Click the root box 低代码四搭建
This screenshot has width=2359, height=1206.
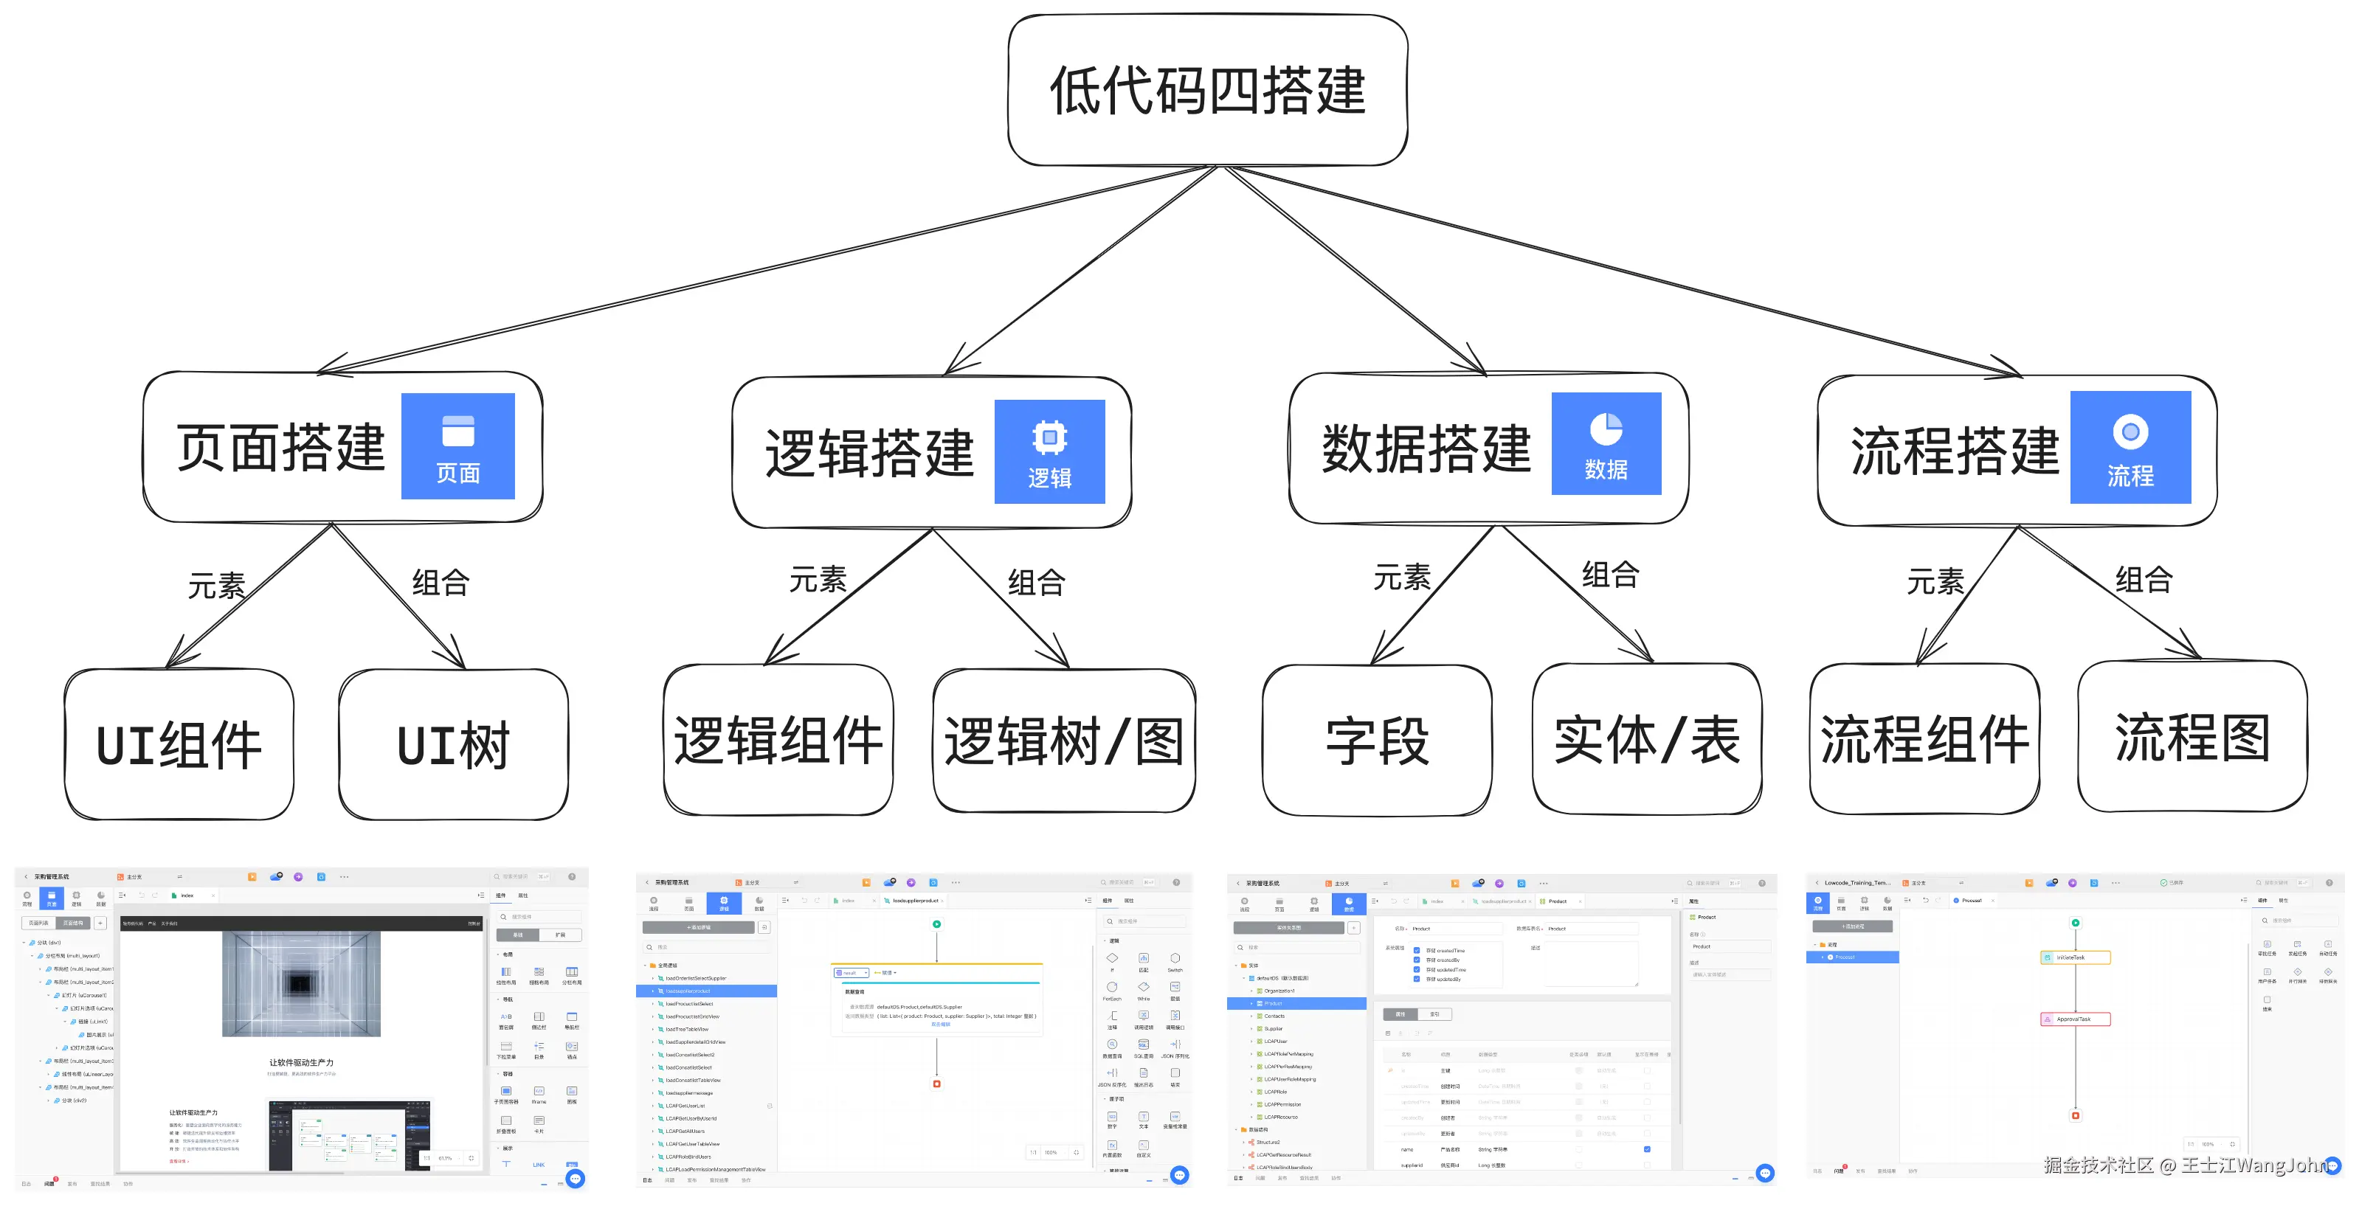1207,90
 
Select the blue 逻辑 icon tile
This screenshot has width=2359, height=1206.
1049,451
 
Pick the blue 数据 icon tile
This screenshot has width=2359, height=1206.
1606,444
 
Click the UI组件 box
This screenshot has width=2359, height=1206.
179,744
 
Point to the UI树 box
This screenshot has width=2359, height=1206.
453,744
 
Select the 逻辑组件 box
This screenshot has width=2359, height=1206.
778,740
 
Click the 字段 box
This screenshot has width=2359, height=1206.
1376,740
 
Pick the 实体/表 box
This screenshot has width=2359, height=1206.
1645,739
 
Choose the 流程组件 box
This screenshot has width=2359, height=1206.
1924,738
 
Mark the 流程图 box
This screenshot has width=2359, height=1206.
2192,736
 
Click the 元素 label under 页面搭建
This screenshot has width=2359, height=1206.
216,585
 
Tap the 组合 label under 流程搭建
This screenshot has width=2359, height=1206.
2143,580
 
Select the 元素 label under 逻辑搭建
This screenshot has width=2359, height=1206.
818,580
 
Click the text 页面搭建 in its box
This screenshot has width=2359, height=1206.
280,448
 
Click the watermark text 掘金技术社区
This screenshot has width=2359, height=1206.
2097,1165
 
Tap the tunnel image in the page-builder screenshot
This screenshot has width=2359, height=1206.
300,983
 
